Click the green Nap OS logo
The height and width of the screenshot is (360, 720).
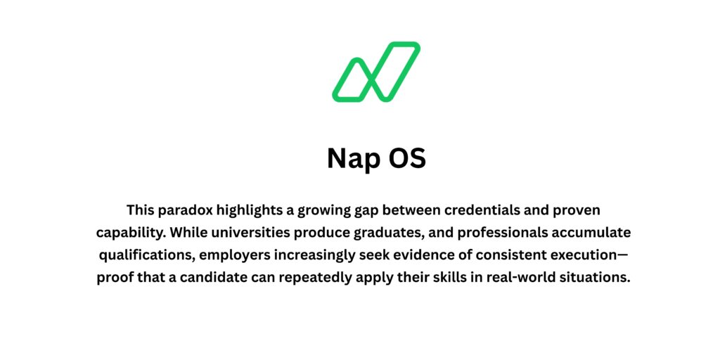[x=376, y=72]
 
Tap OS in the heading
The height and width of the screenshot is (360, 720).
[x=407, y=158]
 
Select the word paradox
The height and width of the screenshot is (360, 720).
[x=188, y=210]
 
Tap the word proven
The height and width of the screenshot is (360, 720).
[x=577, y=210]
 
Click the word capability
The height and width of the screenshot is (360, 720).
[x=132, y=233]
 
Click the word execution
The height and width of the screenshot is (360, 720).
[x=579, y=255]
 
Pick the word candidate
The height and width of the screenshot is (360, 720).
[x=214, y=277]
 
